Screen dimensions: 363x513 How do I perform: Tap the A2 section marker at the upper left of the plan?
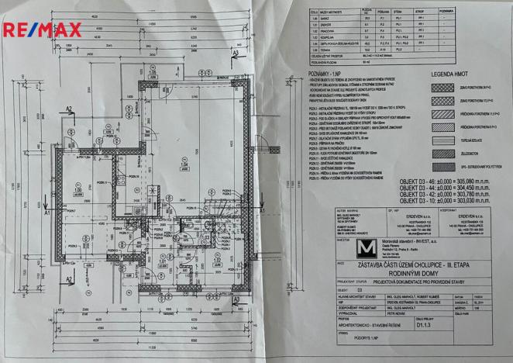[x=69, y=109]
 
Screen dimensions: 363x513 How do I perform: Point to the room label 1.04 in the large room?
[x=184, y=165]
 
